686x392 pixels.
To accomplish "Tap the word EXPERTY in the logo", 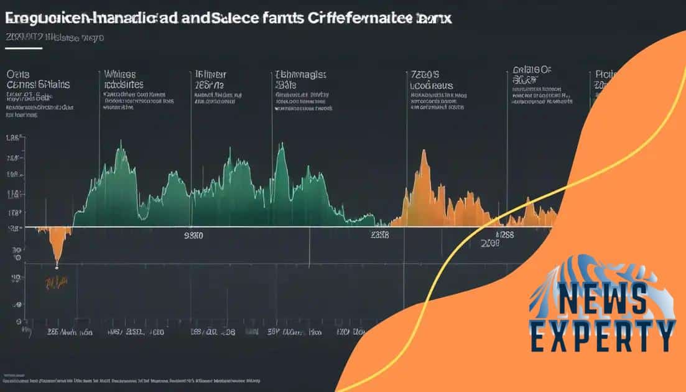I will coord(602,336).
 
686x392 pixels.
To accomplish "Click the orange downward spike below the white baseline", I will coord(57,249).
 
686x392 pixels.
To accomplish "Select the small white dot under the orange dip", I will coord(57,268).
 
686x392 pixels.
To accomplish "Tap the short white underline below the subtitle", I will coord(24,48).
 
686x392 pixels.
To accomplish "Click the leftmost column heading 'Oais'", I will coord(18,73).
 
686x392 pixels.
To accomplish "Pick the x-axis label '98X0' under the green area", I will coord(194,236).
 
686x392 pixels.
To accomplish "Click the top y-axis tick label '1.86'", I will coord(13,140).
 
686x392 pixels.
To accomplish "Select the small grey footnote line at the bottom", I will coord(131,378).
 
